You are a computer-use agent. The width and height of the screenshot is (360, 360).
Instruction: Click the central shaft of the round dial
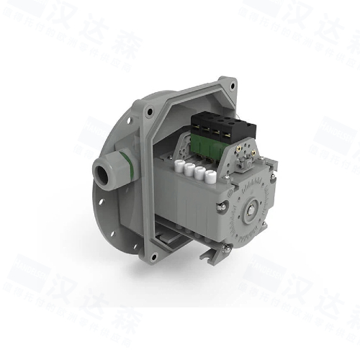click(253, 210)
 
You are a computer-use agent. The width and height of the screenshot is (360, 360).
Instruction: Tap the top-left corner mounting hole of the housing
click(149, 112)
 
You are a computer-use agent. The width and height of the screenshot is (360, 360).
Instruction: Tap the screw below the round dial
click(228, 247)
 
